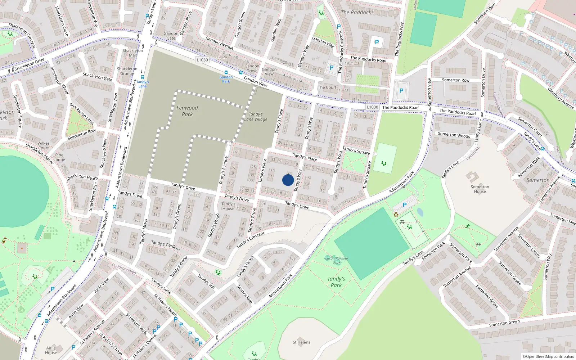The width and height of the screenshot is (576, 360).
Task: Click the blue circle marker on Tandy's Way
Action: point(288,180)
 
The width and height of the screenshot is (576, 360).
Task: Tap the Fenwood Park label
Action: point(187,111)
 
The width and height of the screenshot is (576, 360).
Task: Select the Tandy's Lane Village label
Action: point(256,117)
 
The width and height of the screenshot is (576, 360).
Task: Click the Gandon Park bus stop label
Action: point(226,79)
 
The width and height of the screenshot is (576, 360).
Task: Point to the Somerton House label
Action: point(480,189)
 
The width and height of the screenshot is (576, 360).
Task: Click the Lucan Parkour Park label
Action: point(337,260)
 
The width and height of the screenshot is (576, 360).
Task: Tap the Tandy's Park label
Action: point(336,282)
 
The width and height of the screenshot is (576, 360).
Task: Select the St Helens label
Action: point(301,342)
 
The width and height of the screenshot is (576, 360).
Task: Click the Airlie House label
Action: point(51,350)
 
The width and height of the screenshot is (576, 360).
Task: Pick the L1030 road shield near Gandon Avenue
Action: point(202,60)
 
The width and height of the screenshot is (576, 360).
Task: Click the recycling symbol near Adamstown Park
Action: point(396,215)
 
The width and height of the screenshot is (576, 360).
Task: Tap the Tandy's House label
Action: point(228,206)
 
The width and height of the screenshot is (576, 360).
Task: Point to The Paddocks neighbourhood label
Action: point(357,12)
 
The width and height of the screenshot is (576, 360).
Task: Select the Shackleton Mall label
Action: point(132,53)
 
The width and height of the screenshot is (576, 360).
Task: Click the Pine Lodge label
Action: point(59,157)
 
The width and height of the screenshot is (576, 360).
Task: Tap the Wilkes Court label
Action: point(44,145)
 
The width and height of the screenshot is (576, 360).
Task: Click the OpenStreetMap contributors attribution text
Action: point(548,356)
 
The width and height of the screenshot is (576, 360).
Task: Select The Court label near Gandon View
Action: point(327,87)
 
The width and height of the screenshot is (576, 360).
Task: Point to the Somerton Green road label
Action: point(504,323)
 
